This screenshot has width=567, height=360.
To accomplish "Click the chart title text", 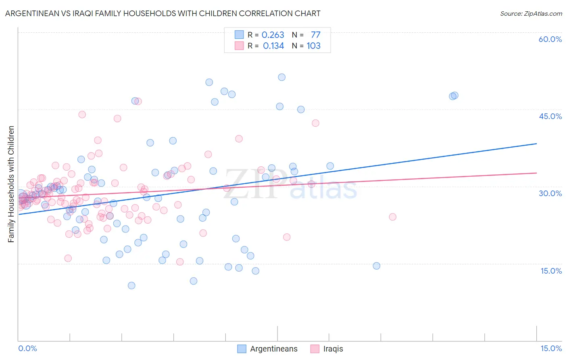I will click(163, 13).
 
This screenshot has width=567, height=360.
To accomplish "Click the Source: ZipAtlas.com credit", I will click(531, 13).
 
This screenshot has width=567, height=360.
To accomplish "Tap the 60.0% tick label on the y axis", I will click(550, 39).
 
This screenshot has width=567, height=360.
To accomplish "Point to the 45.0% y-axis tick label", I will click(550, 116).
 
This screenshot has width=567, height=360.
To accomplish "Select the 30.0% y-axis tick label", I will click(550, 193).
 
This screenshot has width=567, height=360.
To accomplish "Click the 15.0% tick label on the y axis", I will click(551, 271).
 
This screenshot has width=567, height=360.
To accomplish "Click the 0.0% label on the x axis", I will click(27, 348).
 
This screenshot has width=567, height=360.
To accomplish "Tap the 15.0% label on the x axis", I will click(551, 348).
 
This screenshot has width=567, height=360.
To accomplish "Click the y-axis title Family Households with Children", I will click(11, 184).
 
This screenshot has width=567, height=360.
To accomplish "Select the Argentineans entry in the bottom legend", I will click(273, 349).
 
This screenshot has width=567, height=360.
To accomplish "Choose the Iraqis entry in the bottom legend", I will click(333, 349).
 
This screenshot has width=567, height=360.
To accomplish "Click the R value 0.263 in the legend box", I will click(273, 35).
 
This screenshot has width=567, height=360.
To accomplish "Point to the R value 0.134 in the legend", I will click(273, 46).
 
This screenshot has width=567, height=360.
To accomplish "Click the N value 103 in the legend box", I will click(313, 46).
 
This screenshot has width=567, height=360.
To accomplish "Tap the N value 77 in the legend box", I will click(315, 35).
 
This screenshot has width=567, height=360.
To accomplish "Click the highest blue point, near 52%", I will click(281, 77).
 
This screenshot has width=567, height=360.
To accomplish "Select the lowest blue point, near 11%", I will click(131, 285).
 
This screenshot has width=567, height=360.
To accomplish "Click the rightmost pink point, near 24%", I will click(392, 217).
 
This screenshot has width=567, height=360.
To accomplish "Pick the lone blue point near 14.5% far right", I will click(376, 266).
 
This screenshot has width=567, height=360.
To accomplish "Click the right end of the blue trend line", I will click(536, 144).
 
